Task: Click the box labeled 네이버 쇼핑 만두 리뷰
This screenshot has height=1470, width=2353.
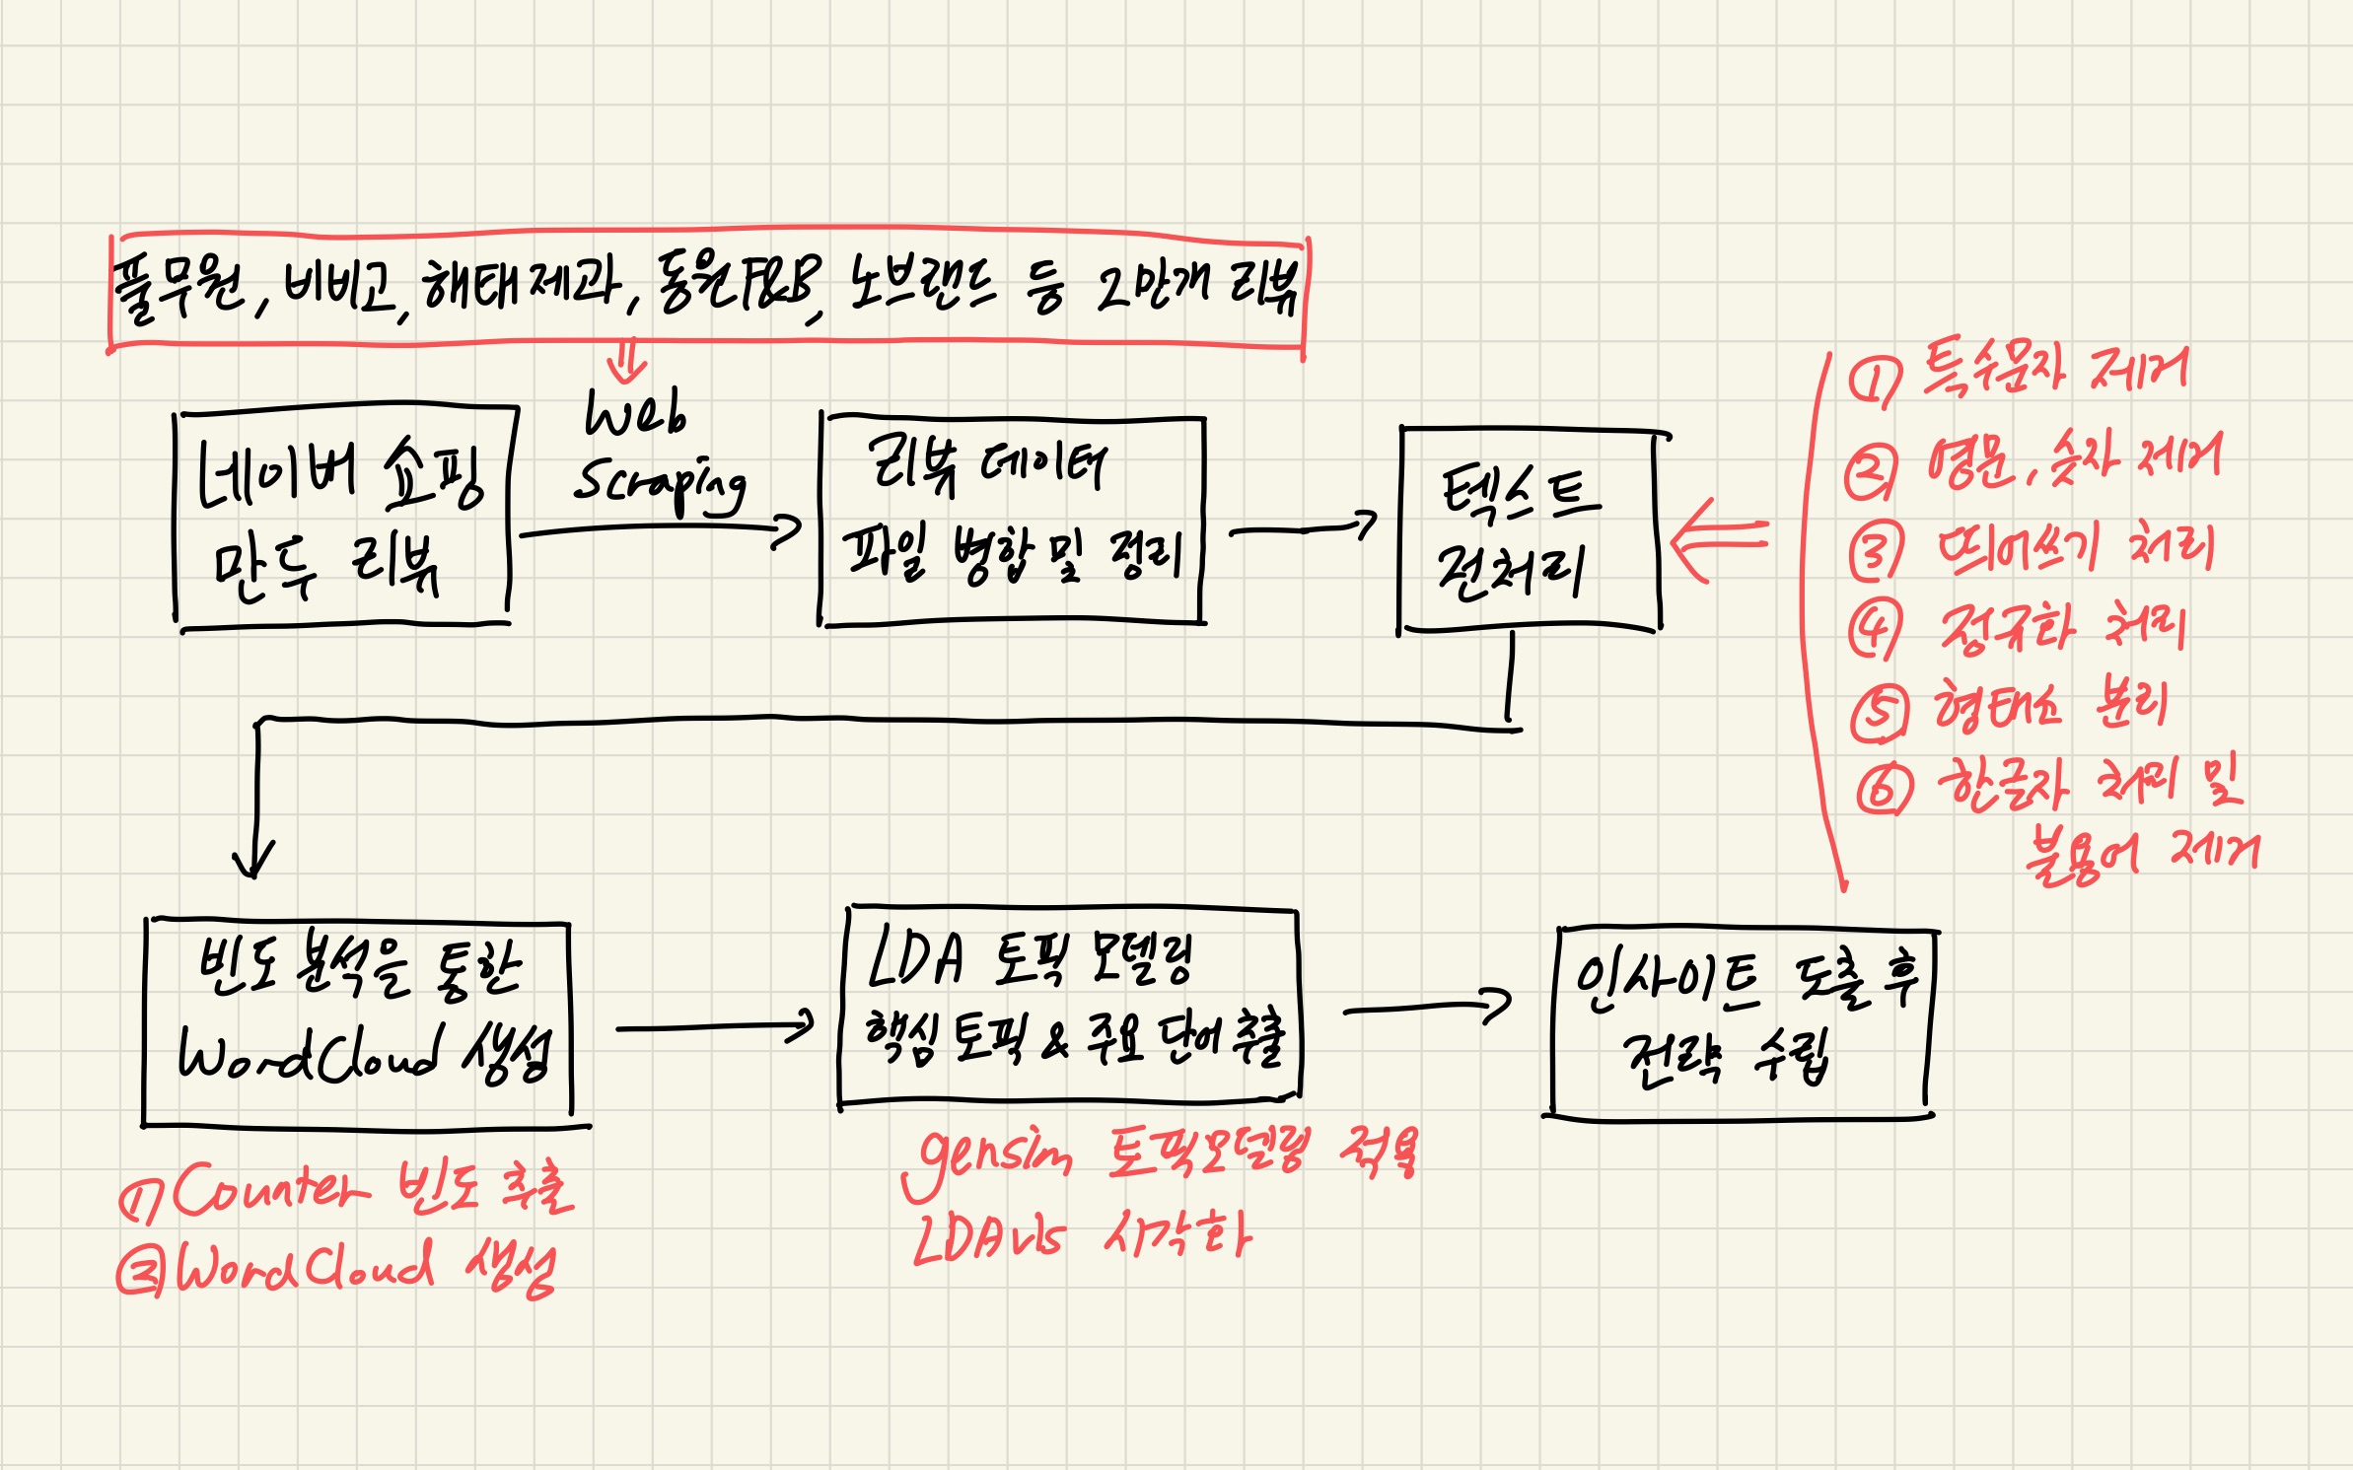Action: coord(343,518)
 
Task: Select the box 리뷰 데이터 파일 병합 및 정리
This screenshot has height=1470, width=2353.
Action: coord(1012,521)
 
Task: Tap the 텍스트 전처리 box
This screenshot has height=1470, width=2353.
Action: coord(1529,530)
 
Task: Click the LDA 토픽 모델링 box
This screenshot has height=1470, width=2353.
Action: coord(1070,1005)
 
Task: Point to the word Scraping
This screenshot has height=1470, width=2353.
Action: coord(659,483)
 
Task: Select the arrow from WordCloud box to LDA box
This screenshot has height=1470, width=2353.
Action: coord(715,1027)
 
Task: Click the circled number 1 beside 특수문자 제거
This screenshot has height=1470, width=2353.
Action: coord(1871,383)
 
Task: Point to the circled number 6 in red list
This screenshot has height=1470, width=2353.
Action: coord(1883,788)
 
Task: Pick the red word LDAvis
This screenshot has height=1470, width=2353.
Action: coord(989,1238)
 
